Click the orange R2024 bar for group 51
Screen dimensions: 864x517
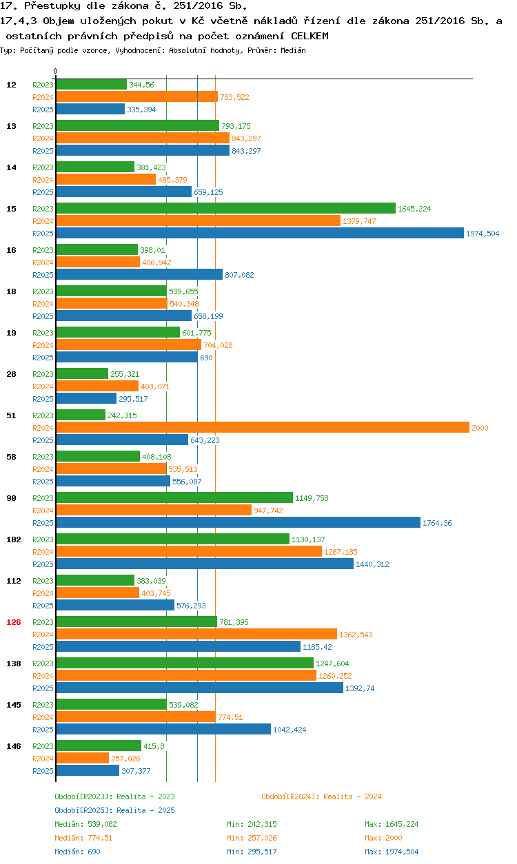click(262, 428)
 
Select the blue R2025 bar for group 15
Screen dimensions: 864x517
click(259, 234)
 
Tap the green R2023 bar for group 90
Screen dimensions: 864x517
click(174, 498)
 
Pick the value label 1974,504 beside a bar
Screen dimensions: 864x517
click(483, 234)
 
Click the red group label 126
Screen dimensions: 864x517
click(14, 622)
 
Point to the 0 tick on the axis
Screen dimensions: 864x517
click(56, 71)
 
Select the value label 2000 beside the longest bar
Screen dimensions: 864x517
click(480, 428)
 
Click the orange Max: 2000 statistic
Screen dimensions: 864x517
click(383, 838)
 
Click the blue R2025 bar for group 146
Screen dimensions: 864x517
click(87, 771)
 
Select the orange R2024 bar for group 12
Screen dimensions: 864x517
click(136, 97)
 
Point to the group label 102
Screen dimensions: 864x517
click(14, 539)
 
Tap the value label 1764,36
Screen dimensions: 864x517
click(438, 523)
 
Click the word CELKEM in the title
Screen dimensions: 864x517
click(310, 35)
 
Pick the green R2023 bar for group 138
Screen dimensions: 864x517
click(184, 664)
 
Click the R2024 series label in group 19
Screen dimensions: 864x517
click(43, 345)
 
